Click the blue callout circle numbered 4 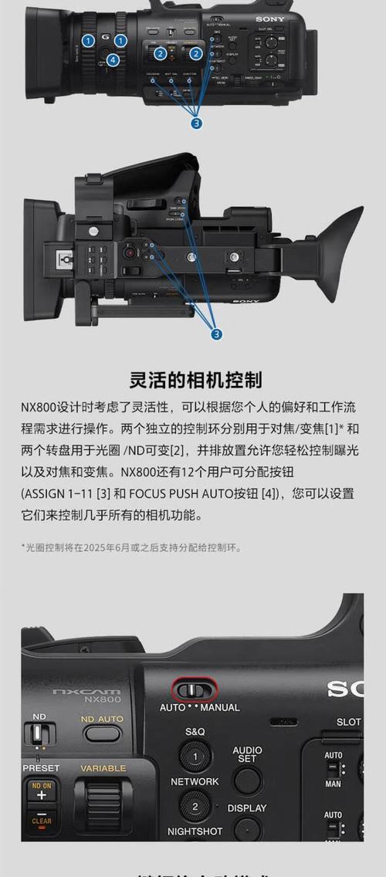pyautogui.click(x=113, y=59)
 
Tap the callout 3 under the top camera pyautogui.click(x=197, y=123)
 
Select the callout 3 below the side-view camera pyautogui.click(x=217, y=334)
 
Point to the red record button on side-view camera pyautogui.click(x=130, y=252)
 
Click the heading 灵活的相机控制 pyautogui.click(x=195, y=379)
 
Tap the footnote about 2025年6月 pyautogui.click(x=131, y=547)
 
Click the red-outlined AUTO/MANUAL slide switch pyautogui.click(x=195, y=689)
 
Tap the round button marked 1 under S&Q pyautogui.click(x=195, y=757)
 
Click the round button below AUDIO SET pyautogui.click(x=248, y=780)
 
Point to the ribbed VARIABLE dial pyautogui.click(x=103, y=806)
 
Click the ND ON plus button pyautogui.click(x=42, y=792)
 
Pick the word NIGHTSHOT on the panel pyautogui.click(x=195, y=831)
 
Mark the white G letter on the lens pyautogui.click(x=105, y=38)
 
